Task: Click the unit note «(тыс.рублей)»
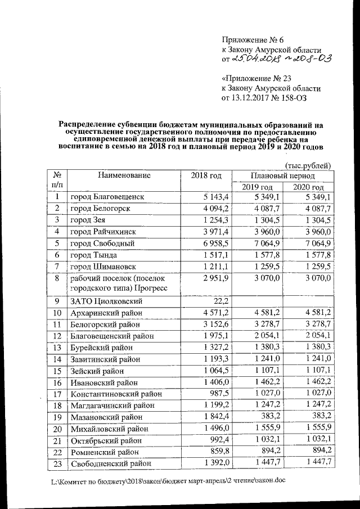(308, 165)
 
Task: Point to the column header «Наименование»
(124, 175)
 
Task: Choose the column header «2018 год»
(206, 175)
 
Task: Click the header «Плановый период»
(283, 175)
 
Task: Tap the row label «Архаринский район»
(106, 313)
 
